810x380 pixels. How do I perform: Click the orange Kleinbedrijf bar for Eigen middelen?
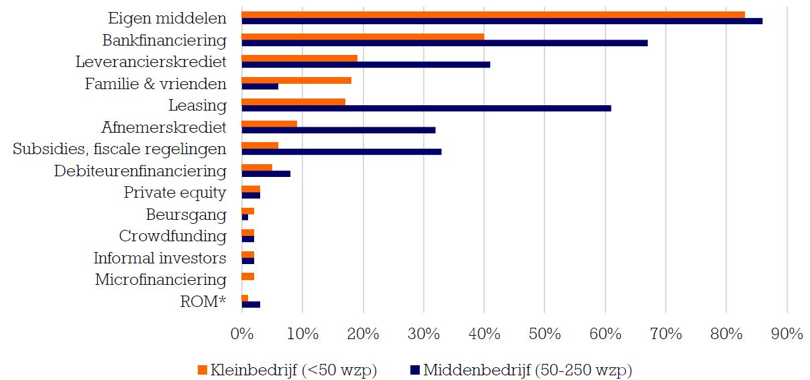[x=493, y=15]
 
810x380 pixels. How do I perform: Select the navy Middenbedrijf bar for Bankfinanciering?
[x=445, y=43]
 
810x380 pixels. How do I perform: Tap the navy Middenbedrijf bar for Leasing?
[x=426, y=108]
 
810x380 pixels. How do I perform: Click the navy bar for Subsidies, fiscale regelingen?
[x=341, y=151]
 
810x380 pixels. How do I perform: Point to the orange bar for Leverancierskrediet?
[x=299, y=58]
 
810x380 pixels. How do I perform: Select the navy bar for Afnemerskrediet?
[x=338, y=130]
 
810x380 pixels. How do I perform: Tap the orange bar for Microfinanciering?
[x=247, y=276]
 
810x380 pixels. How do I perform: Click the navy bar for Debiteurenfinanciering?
[x=266, y=174]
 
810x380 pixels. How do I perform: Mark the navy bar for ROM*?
[x=251, y=304]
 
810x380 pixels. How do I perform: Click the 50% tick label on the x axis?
[x=544, y=334]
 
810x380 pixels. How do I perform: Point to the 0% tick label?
[x=241, y=334]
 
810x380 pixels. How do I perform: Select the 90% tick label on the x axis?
[x=787, y=334]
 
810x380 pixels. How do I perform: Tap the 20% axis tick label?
[x=363, y=334]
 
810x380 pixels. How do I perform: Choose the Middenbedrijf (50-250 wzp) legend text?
[x=527, y=369]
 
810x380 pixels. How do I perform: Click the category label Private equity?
[x=175, y=193]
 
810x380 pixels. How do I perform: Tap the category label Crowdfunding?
[x=172, y=237]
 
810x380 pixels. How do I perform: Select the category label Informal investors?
[x=160, y=258]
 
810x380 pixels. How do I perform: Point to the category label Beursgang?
[x=186, y=214]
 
